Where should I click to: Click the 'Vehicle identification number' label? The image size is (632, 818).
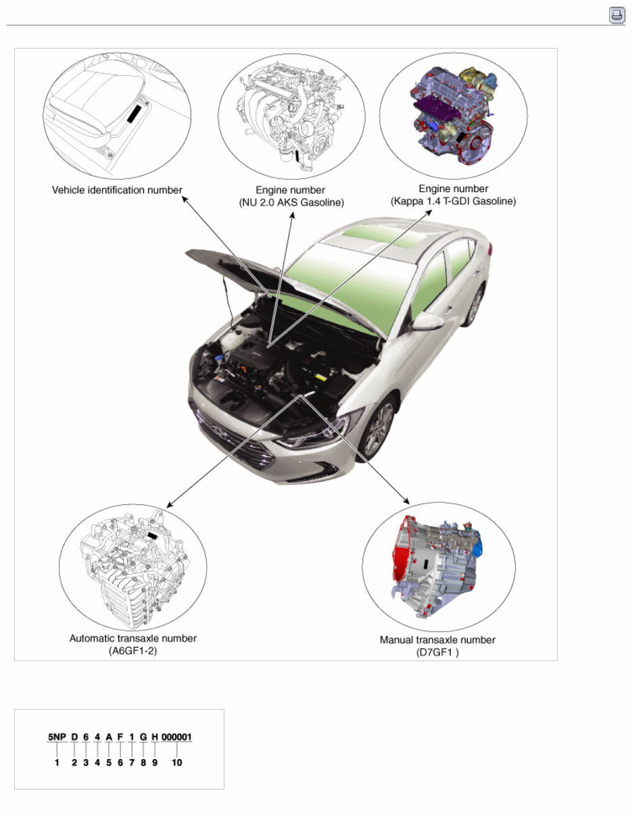pos(117,190)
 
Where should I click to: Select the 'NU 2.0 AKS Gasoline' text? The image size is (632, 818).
pos(291,202)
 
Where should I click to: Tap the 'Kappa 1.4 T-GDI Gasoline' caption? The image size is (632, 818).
pos(453,201)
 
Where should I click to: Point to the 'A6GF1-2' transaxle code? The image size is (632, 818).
pos(133,650)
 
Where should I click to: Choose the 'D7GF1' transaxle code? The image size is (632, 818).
pos(437,652)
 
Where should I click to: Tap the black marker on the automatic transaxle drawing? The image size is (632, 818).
pos(153,534)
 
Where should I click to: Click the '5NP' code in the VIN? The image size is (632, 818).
pos(57,736)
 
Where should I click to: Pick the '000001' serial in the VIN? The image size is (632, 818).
pos(177,736)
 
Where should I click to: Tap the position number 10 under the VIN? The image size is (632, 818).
pos(177,763)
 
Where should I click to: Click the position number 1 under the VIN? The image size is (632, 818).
pos(57,763)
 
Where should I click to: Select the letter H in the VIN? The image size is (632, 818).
pos(155,736)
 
